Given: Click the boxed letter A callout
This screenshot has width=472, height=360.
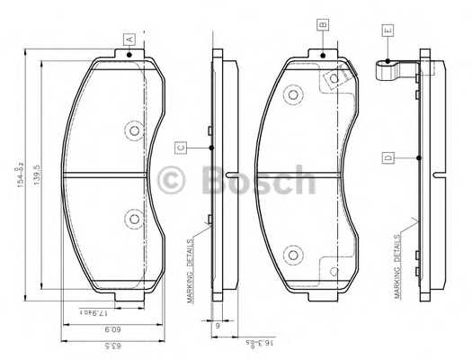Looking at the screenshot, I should (x=129, y=40).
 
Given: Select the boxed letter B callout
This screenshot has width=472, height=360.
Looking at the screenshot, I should (x=322, y=25).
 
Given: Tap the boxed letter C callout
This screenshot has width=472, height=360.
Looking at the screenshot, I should (x=181, y=148).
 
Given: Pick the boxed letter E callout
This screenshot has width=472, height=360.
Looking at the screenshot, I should (x=388, y=31).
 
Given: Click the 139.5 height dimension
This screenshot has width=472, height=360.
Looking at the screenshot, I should (x=37, y=174).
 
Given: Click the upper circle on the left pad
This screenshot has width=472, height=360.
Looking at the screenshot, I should (x=135, y=131).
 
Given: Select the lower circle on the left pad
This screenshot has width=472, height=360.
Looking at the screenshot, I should (x=135, y=218).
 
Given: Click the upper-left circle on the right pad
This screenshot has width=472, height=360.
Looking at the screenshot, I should (x=291, y=94).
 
